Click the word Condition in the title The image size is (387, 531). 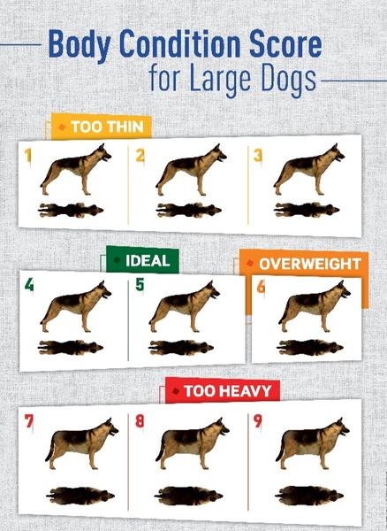(x=171, y=45)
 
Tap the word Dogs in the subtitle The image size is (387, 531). (x=286, y=80)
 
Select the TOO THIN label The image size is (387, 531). (x=102, y=127)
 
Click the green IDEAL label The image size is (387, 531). (x=142, y=260)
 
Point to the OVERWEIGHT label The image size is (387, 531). (x=304, y=264)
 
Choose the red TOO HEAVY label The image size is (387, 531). (x=223, y=391)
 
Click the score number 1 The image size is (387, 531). (x=28, y=156)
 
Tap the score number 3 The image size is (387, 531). (x=258, y=156)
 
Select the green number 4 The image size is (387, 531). (x=29, y=286)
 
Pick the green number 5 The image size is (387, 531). (x=140, y=285)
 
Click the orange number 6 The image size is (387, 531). (x=261, y=287)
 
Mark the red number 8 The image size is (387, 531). (x=140, y=421)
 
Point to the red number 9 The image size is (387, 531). (x=257, y=421)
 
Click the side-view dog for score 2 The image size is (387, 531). (x=192, y=169)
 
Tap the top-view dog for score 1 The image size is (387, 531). (x=71, y=211)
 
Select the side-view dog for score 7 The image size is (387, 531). (x=82, y=443)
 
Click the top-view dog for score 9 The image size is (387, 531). (x=309, y=496)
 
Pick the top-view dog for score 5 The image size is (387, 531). (x=181, y=348)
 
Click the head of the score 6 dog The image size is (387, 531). (x=341, y=289)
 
